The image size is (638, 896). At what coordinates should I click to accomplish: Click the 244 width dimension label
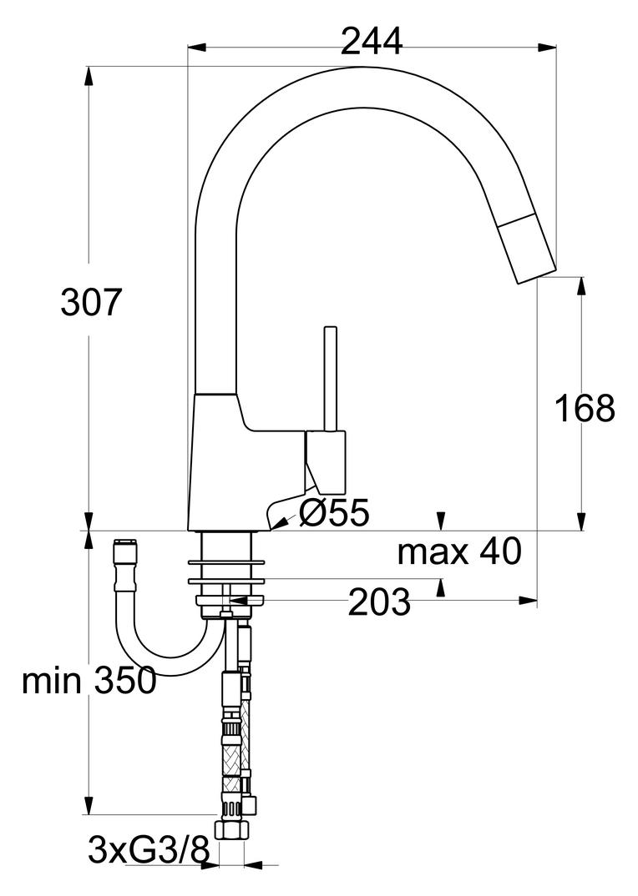click(372, 40)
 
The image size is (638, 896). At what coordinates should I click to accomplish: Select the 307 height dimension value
click(92, 303)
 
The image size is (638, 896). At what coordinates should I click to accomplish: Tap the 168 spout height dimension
click(585, 408)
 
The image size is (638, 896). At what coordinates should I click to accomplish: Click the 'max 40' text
click(458, 551)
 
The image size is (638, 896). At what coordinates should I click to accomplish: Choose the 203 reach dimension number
click(379, 602)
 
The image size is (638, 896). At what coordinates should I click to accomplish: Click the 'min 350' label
click(89, 682)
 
